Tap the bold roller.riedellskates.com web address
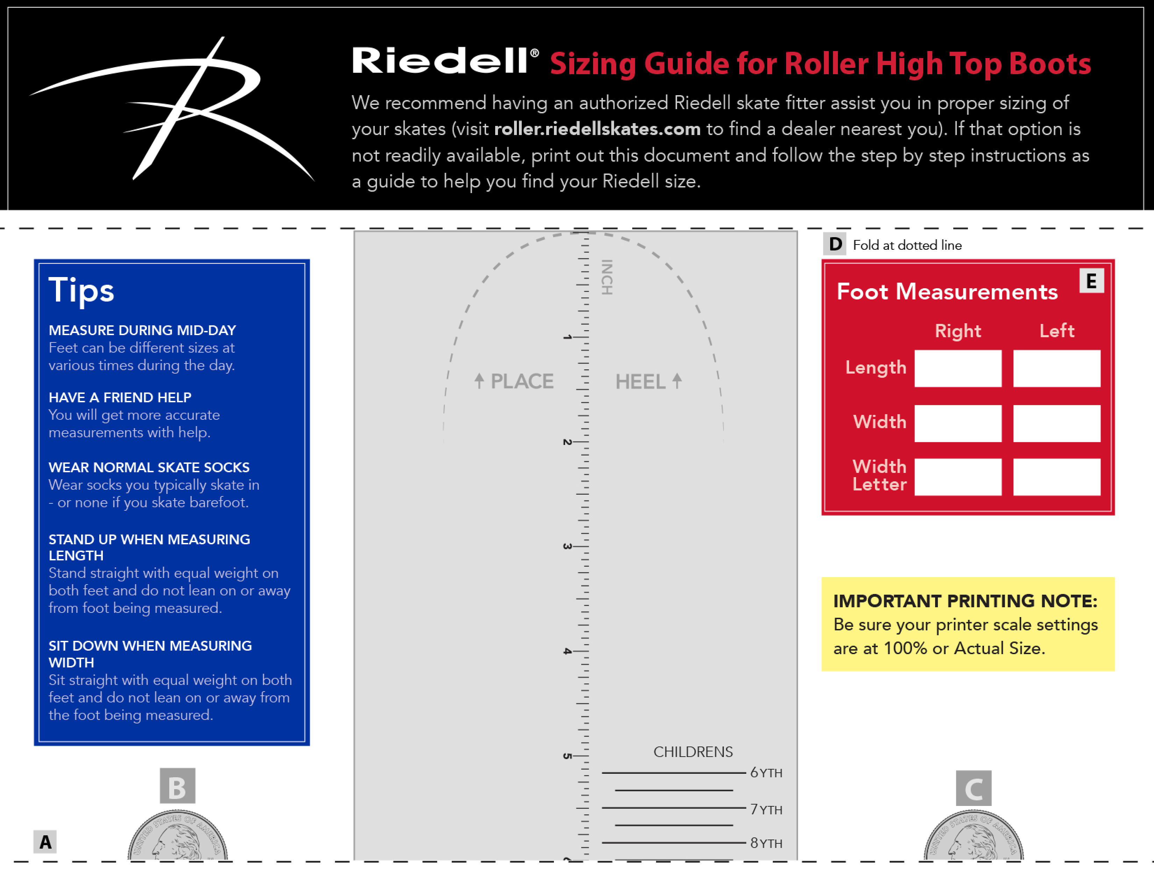coord(597,129)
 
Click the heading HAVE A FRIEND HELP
coord(120,397)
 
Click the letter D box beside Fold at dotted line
coord(835,244)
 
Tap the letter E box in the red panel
coord(1091,281)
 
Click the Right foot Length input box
coord(957,368)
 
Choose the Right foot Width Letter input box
coord(957,477)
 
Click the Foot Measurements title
coord(947,292)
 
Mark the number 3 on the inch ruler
coord(567,546)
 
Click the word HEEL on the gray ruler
coord(640,382)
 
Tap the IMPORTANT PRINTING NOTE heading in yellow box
coord(965,601)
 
